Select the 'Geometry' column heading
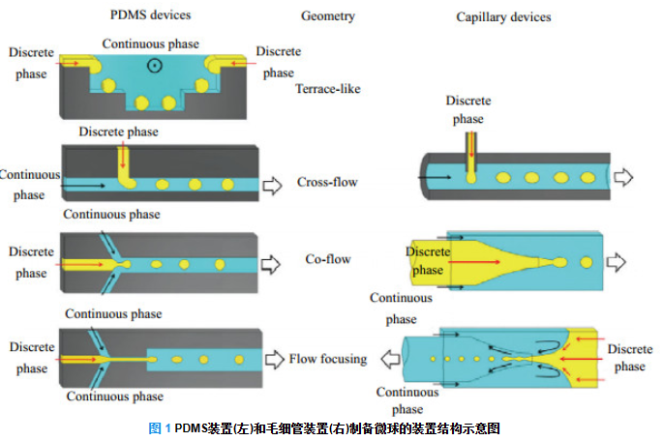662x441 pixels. pyautogui.click(x=328, y=15)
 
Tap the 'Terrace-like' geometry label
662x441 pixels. pyautogui.click(x=328, y=89)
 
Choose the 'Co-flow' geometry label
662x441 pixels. pyautogui.click(x=327, y=259)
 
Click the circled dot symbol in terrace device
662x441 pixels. pyautogui.click(x=153, y=66)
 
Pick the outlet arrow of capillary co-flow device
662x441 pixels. pyautogui.click(x=617, y=262)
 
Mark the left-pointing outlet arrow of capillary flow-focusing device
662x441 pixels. pyautogui.click(x=391, y=358)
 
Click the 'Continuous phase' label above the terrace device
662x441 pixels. pyautogui.click(x=150, y=44)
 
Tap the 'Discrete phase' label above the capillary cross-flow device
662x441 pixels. pyautogui.click(x=467, y=110)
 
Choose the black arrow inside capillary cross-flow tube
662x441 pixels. pyautogui.click(x=436, y=177)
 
